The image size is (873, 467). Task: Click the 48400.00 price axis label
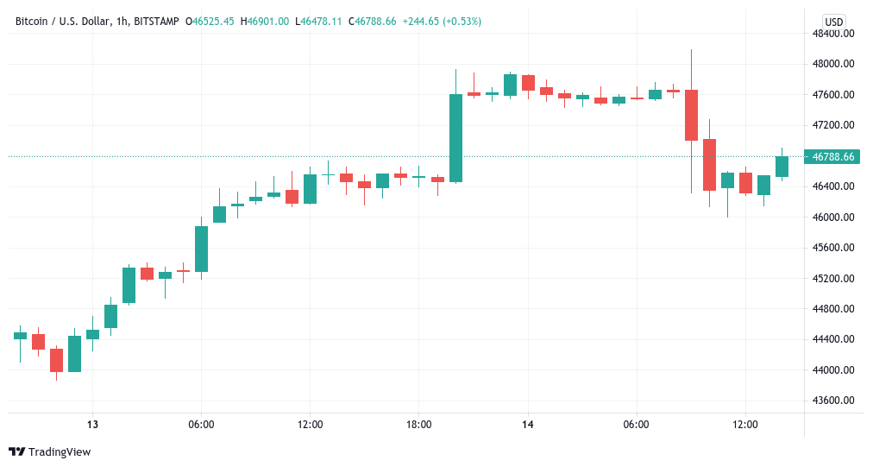point(836,33)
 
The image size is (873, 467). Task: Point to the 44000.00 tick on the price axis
point(836,370)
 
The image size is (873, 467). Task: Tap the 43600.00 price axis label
point(836,401)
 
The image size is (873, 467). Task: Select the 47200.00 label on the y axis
point(836,125)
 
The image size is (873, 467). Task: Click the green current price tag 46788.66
point(833,156)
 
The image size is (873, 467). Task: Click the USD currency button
point(833,22)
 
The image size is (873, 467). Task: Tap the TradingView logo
point(49,451)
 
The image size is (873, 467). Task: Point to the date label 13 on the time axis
point(92,425)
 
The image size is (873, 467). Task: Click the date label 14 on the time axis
point(528,425)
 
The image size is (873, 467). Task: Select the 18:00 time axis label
point(418,425)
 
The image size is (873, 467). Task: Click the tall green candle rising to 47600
point(455,138)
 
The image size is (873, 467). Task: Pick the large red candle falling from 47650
point(691,115)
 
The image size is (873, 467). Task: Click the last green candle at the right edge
point(782,167)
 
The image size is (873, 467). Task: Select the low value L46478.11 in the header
point(317,21)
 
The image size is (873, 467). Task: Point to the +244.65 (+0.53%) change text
point(440,21)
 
